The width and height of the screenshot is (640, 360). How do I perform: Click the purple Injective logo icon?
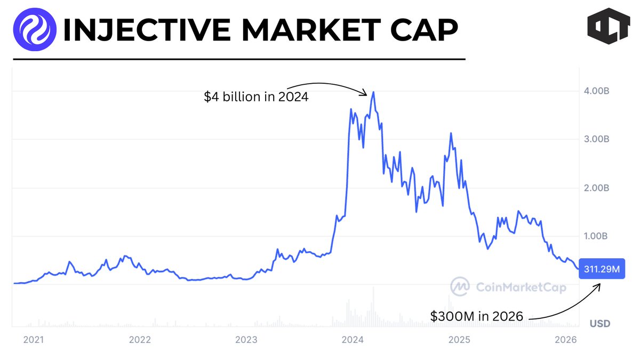tap(35, 28)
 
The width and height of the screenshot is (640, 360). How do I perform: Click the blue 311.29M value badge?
tap(601, 270)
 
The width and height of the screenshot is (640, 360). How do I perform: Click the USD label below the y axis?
tap(600, 324)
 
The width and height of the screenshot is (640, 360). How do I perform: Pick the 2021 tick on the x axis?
tap(34, 339)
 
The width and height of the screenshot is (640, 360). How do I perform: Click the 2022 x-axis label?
tap(140, 339)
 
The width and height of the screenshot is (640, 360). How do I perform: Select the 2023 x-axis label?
tap(246, 339)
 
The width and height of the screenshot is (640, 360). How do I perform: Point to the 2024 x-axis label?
tap(353, 339)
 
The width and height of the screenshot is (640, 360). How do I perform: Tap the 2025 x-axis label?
tap(459, 339)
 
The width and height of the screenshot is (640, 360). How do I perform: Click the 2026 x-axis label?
tap(565, 339)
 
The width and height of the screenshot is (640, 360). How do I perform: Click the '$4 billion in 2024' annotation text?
tap(256, 97)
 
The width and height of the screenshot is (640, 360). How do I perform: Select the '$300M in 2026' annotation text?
tap(477, 316)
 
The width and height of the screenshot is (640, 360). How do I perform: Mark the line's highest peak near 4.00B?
tap(373, 92)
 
